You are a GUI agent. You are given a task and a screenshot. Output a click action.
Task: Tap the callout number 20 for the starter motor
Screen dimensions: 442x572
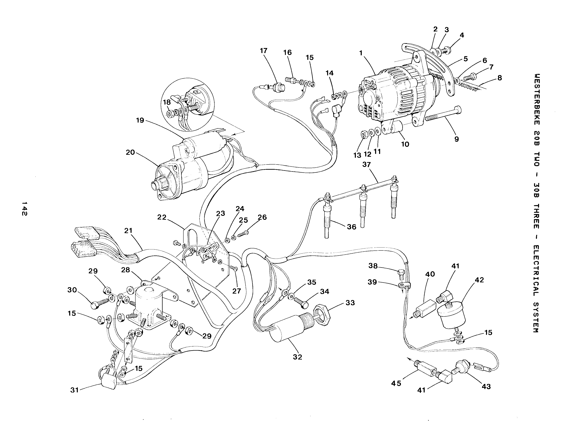pos(130,152)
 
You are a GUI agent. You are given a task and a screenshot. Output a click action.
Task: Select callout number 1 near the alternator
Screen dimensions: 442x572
pos(361,53)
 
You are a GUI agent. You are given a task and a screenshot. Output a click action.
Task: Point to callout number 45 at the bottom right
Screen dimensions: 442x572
pos(396,383)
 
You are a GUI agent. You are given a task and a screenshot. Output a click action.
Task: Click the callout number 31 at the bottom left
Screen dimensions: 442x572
pos(75,390)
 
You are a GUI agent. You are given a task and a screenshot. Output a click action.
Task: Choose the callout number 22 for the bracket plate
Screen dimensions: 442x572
pos(162,217)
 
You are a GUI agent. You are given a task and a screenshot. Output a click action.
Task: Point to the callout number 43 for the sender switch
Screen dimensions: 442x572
pos(486,387)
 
